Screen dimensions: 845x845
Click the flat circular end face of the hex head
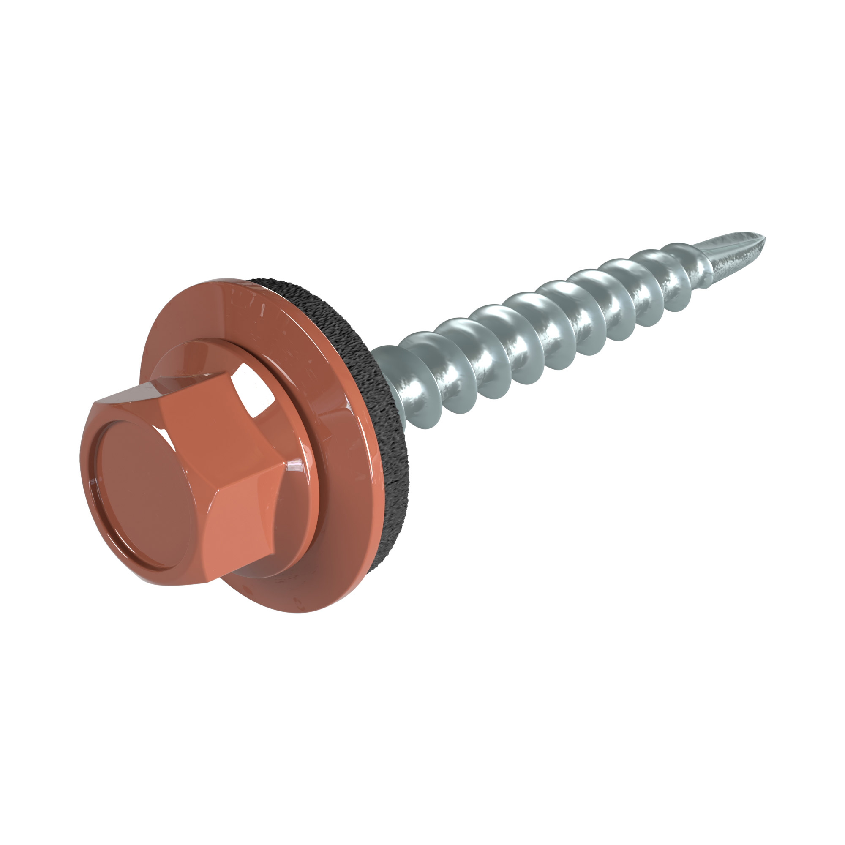click(142, 492)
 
